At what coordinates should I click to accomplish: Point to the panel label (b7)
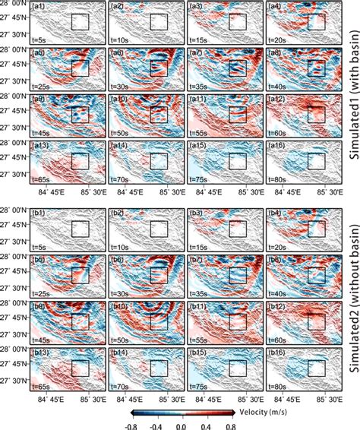(x=196, y=259)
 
